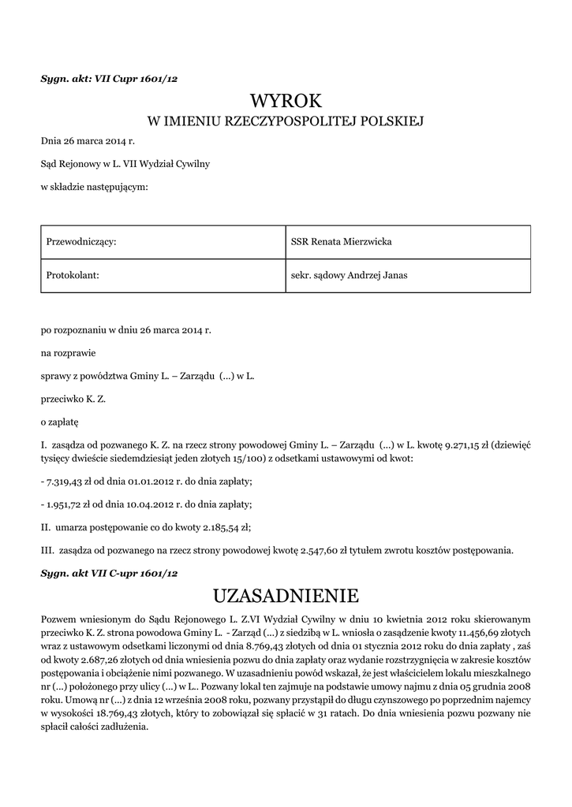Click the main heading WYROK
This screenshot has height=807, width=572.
(286, 101)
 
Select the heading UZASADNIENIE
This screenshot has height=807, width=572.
(286, 593)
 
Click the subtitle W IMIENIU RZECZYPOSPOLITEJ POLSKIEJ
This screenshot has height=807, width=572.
(286, 121)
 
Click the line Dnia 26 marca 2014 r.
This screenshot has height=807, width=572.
(88, 142)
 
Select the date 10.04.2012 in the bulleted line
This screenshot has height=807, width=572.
(148, 504)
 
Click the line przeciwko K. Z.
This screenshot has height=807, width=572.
(73, 399)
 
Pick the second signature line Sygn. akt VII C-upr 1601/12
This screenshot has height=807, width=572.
(110, 573)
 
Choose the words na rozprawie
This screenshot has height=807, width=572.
(69, 353)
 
